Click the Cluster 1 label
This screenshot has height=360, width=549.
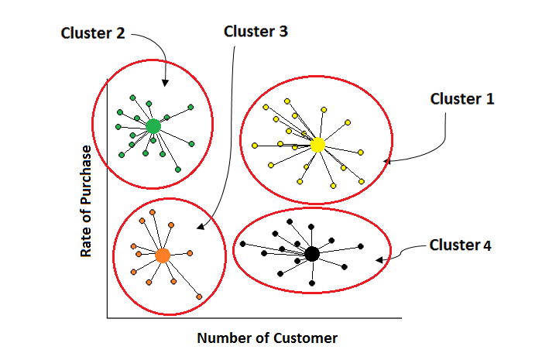(462, 99)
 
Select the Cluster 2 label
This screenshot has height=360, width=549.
(94, 33)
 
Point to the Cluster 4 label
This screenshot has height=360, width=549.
(461, 245)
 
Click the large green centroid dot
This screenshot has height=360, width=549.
(153, 125)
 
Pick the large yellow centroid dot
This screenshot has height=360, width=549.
(317, 145)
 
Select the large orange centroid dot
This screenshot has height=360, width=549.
(162, 255)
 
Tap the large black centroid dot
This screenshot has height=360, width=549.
(312, 253)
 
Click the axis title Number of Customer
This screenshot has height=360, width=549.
(267, 338)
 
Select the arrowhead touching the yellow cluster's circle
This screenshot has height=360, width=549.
(386, 161)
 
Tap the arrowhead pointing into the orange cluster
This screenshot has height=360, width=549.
(198, 228)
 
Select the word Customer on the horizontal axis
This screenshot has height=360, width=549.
(308, 338)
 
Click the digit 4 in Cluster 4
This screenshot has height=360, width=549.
(487, 245)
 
